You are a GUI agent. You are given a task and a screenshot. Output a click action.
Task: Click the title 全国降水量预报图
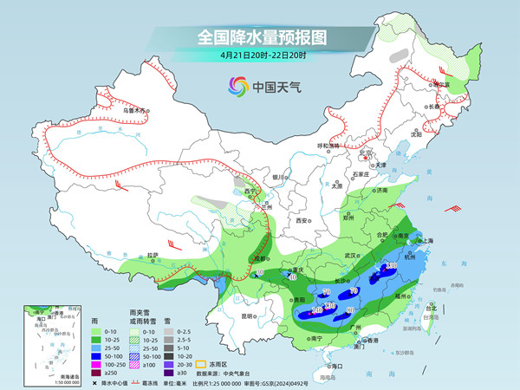pyautogui.click(x=261, y=37)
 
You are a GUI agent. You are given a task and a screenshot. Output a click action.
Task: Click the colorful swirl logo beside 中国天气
pyautogui.click(x=237, y=86)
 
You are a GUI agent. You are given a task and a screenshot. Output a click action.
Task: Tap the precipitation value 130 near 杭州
pyautogui.click(x=391, y=265)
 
